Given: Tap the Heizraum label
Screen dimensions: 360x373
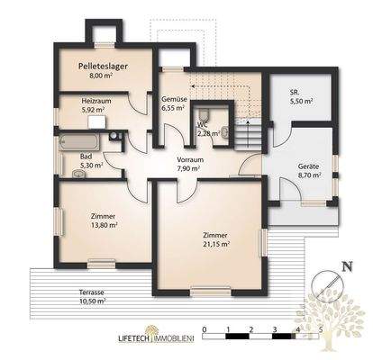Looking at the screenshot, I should [95, 102].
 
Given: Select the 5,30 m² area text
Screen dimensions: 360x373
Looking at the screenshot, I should [91, 165].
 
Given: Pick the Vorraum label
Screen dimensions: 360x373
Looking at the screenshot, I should [189, 158].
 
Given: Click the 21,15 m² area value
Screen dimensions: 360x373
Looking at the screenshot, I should [216, 243].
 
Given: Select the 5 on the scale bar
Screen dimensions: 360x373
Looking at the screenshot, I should [321, 329].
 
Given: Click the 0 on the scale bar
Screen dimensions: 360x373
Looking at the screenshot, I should [205, 329].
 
